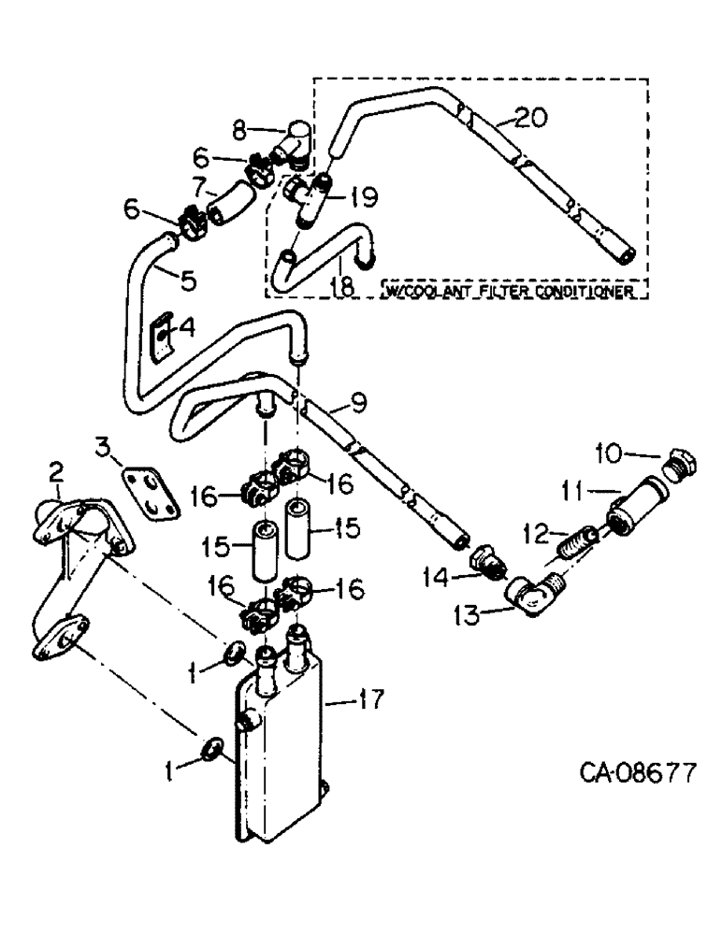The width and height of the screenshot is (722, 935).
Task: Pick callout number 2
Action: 55,467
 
